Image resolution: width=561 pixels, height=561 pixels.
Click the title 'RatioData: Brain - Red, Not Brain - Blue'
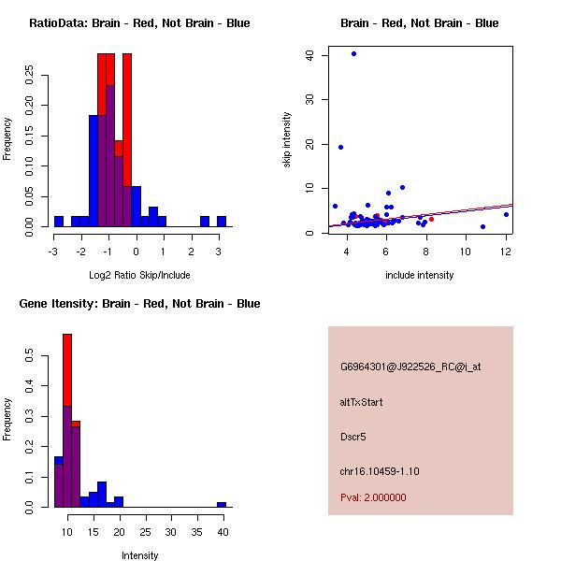point(139,23)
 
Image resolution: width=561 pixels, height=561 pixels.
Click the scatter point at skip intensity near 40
point(353,53)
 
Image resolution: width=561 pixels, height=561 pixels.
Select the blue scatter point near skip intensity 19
point(340,147)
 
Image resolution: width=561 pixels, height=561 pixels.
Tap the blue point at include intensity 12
point(506,214)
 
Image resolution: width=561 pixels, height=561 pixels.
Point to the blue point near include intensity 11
point(482,226)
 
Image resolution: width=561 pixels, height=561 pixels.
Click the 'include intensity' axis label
point(419,275)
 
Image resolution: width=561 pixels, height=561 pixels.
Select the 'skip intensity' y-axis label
point(287,140)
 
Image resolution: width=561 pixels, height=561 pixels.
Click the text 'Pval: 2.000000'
point(373,497)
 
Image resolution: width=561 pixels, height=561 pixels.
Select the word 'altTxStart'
point(362,402)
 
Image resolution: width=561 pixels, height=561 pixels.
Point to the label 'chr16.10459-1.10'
point(380,471)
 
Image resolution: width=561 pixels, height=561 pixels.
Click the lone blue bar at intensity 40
point(222,504)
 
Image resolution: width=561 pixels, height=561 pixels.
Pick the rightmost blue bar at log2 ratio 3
point(222,222)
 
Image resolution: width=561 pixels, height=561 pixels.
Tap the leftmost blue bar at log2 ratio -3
point(58,222)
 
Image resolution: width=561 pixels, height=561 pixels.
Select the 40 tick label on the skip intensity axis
point(309,55)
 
